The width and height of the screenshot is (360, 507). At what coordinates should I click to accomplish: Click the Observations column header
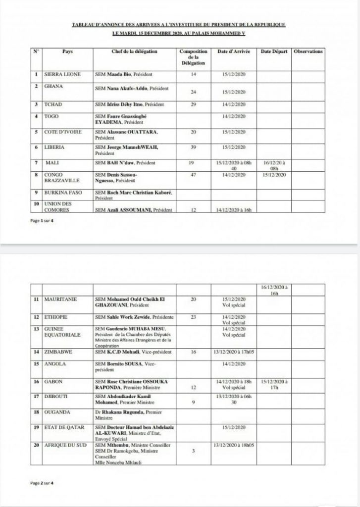[308, 51]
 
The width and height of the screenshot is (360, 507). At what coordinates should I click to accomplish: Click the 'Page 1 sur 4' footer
[41, 220]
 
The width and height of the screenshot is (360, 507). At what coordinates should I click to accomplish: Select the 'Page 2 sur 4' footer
[41, 483]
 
